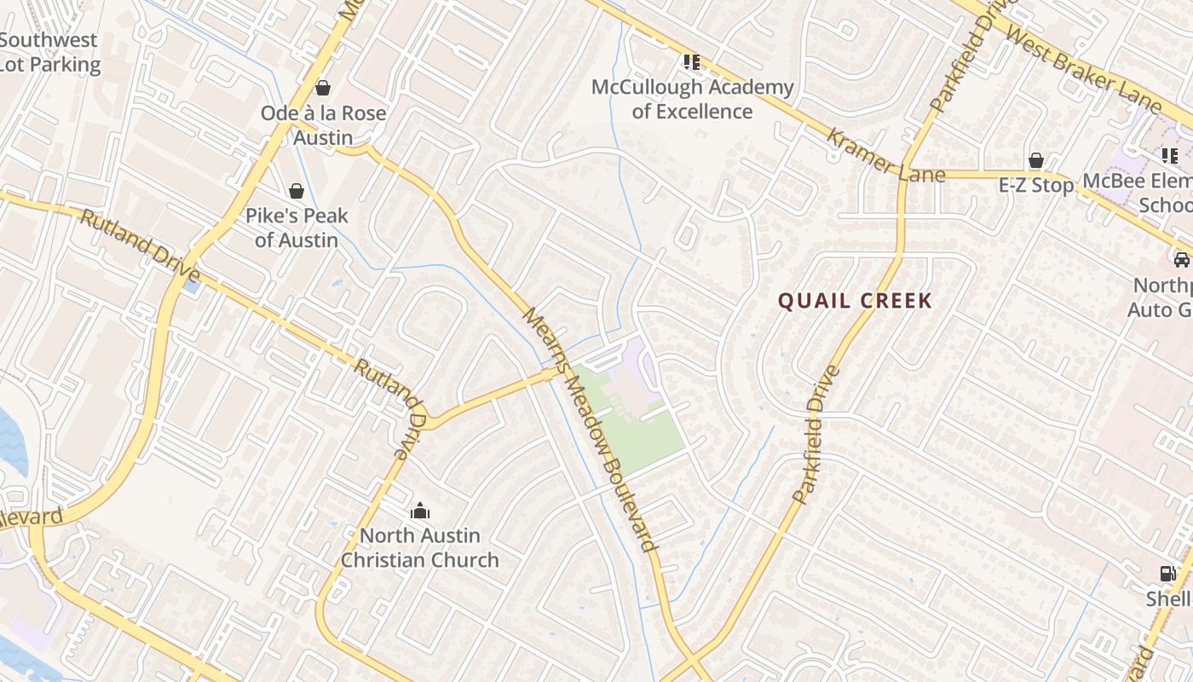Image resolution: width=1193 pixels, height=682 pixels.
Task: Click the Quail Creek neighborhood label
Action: (855, 301)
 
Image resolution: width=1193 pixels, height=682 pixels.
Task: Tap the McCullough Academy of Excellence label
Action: (692, 99)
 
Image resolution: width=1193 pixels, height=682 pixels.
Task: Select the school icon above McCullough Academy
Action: (691, 61)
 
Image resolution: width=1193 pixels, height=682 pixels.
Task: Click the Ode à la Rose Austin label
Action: (323, 124)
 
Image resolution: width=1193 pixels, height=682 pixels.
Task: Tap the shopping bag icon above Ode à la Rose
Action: (323, 87)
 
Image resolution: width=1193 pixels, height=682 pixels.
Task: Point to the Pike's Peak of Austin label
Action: (297, 228)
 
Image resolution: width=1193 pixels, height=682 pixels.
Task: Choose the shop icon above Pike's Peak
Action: (297, 190)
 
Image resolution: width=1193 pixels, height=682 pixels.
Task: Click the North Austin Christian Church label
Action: (419, 547)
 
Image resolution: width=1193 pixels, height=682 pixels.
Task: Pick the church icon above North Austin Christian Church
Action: (419, 511)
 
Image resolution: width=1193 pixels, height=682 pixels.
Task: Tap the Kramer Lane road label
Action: (885, 156)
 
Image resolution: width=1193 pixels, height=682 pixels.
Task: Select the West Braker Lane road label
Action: (1083, 69)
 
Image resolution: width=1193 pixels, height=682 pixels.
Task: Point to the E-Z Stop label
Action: (1036, 185)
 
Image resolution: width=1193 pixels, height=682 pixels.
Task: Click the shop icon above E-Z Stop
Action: (1036, 160)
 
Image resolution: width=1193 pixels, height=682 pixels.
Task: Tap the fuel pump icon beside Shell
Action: (1167, 574)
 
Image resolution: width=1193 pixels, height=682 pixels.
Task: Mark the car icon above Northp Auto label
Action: (1181, 260)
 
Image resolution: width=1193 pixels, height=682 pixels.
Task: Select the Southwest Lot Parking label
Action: (49, 52)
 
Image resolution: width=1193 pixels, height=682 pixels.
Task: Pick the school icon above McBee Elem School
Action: (1170, 155)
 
